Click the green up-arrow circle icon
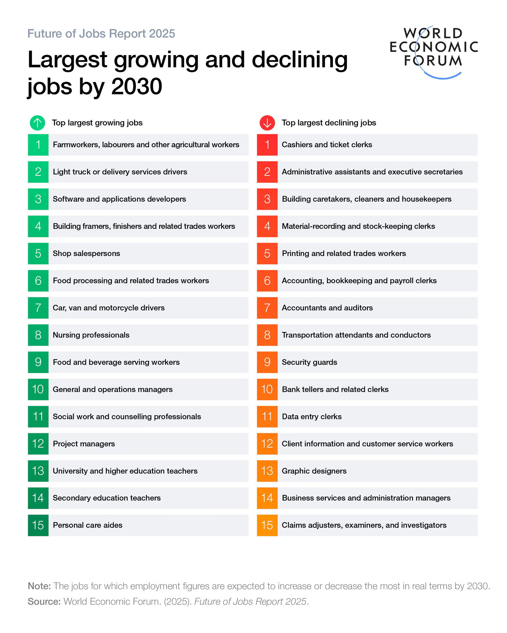pos(37,122)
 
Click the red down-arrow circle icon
pos(267,122)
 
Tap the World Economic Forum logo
pos(433,51)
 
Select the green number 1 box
pos(38,145)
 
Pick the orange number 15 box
pos(267,525)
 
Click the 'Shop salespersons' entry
pos(86,254)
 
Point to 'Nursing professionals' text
pos(91,335)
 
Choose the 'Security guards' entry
pos(309,362)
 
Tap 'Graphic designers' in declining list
pos(314,471)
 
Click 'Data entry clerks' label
pos(311,417)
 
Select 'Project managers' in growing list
pos(84,444)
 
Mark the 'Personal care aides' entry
pos(87,525)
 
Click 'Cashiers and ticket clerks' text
pos(327,145)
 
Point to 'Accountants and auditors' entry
pos(327,308)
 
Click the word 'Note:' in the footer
pos(39,586)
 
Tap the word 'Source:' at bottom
pos(44,601)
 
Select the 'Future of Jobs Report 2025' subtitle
pos(101,34)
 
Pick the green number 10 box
pos(38,389)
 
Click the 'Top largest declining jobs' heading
pos(329,123)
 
